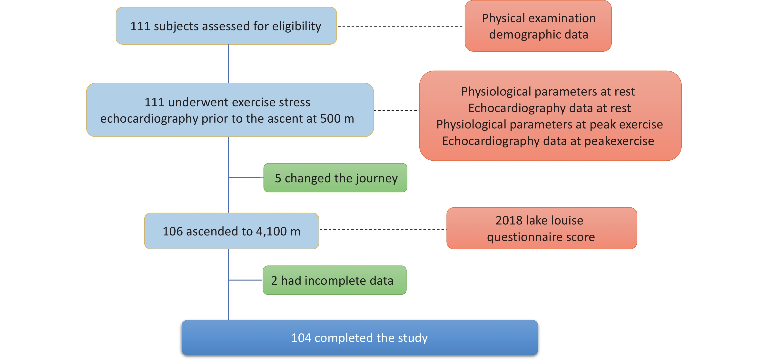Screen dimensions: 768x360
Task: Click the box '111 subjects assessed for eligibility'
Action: (226, 26)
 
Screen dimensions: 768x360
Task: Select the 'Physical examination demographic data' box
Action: (538, 26)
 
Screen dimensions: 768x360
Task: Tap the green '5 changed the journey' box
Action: (335, 178)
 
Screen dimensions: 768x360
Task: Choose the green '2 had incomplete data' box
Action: (335, 280)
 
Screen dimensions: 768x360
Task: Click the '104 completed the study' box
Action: (360, 337)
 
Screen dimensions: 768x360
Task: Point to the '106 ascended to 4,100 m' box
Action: (232, 231)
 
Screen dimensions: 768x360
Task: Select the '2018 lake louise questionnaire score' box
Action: (542, 228)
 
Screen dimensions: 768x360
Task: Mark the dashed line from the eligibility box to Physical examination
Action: (400, 26)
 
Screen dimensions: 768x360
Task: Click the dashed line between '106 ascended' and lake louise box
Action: (383, 229)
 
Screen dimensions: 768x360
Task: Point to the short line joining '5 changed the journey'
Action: (246, 177)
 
